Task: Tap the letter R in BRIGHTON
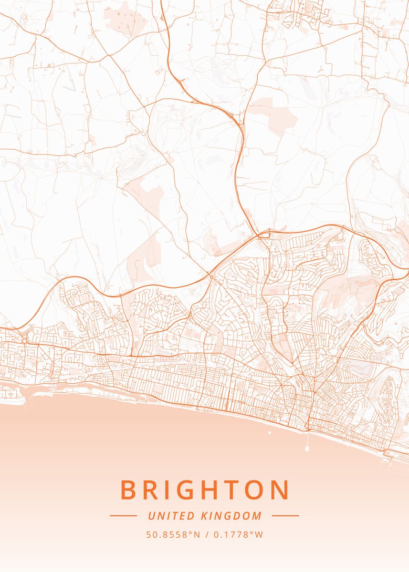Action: coord(153,490)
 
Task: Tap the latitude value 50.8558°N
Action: coord(173,535)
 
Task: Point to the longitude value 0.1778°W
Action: coord(238,535)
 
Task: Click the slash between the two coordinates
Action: coord(207,535)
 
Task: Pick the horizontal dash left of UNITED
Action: coord(123,515)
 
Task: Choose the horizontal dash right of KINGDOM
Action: coord(285,515)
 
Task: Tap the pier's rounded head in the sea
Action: coord(306,449)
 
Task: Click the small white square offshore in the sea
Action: coord(270,433)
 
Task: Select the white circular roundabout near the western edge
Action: coord(24,341)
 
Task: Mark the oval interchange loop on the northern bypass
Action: coord(264,234)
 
